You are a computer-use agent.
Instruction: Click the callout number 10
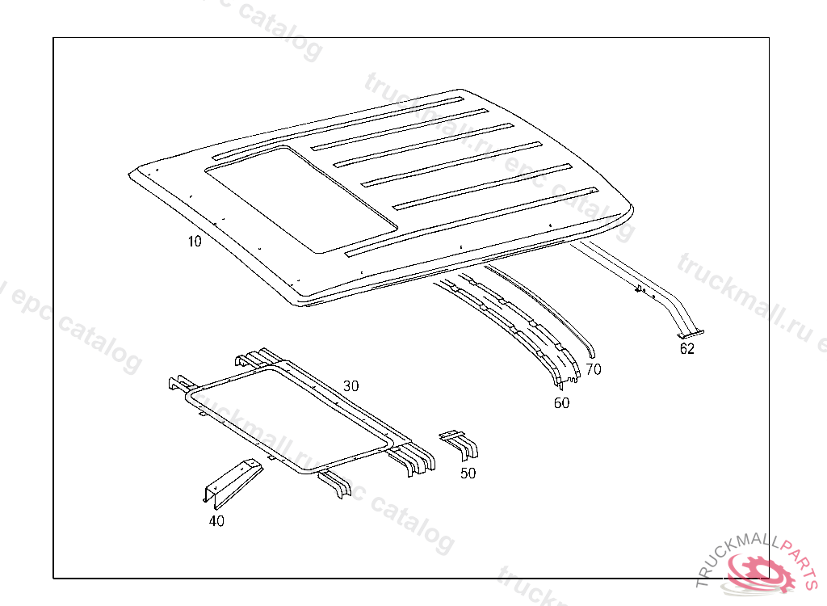[x=195, y=242]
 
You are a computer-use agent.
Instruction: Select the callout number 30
[x=351, y=386]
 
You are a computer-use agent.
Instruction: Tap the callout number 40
[x=216, y=521]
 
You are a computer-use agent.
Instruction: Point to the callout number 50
[x=468, y=473]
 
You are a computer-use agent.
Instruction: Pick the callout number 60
[x=561, y=403]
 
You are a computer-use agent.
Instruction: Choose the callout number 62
[x=686, y=349]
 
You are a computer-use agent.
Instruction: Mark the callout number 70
[x=594, y=369]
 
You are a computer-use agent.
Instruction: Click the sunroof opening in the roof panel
[x=301, y=200]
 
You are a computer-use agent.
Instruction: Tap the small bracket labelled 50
[x=460, y=444]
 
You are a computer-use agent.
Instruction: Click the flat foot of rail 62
[x=691, y=334]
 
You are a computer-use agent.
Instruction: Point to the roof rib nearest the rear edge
[x=472, y=221]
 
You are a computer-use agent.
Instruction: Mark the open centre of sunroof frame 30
[x=290, y=418]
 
